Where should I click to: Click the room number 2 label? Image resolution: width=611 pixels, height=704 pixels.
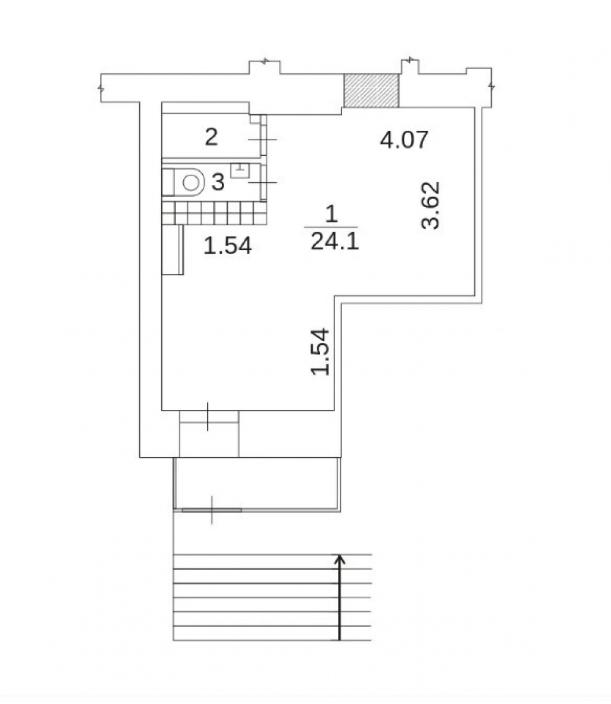211,137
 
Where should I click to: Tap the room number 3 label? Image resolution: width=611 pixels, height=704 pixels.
218,182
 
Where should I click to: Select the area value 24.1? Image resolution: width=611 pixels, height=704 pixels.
335,243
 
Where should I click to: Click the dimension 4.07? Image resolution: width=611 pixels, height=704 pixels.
404,139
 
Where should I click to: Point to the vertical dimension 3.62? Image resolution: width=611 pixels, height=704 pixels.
431,205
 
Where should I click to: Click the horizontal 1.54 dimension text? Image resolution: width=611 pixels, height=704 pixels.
228,246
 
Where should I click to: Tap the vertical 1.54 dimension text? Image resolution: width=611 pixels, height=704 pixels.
321,352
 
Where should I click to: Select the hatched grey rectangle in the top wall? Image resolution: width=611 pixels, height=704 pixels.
371,90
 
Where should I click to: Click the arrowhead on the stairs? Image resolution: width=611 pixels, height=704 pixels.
340,559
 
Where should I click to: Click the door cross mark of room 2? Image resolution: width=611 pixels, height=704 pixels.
263,139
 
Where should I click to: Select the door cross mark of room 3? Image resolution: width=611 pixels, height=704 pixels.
263,182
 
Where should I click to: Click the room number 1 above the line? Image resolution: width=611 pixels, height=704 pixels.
331,214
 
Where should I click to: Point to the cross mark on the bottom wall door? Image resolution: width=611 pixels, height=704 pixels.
208,417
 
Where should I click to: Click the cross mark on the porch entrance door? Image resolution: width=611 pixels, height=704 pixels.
212,510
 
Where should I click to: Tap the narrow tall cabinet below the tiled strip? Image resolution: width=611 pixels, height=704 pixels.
173,249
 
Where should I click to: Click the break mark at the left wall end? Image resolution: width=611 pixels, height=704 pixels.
101,88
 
